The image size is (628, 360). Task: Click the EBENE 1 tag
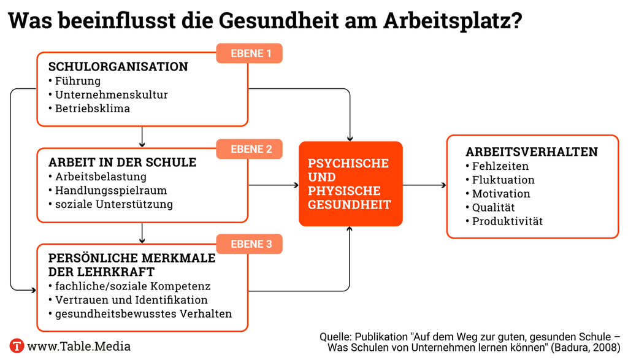(249, 53)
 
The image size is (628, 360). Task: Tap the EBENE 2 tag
(249, 149)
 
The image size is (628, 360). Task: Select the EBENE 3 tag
(249, 244)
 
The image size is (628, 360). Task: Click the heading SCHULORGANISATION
(118, 66)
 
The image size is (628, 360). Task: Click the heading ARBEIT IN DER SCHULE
(123, 162)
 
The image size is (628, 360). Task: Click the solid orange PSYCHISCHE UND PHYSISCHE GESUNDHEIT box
(350, 184)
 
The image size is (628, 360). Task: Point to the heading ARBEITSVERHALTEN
(532, 151)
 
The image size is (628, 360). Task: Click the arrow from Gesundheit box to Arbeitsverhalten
(424, 185)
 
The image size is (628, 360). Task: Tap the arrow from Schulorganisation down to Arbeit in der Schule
(142, 137)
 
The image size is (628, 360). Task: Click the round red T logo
(17, 346)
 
